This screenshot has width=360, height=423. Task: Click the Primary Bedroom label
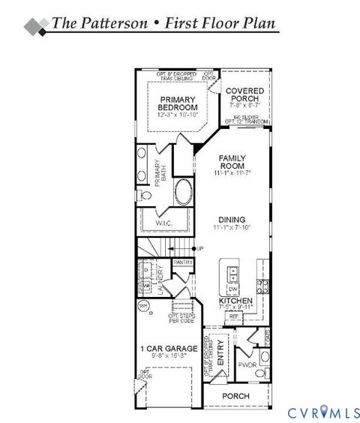click(x=177, y=103)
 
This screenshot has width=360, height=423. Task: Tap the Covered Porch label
click(x=246, y=95)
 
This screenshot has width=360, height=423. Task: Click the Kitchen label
click(x=235, y=300)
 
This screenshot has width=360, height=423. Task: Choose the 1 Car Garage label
click(x=168, y=349)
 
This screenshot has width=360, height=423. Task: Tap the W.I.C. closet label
click(x=166, y=223)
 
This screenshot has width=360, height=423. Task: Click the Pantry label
click(x=183, y=263)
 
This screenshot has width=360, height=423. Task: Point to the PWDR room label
click(x=247, y=365)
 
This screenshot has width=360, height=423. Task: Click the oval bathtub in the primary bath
click(x=183, y=193)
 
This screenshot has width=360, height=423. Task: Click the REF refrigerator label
click(x=233, y=316)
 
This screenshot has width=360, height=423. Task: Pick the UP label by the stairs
click(x=199, y=248)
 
